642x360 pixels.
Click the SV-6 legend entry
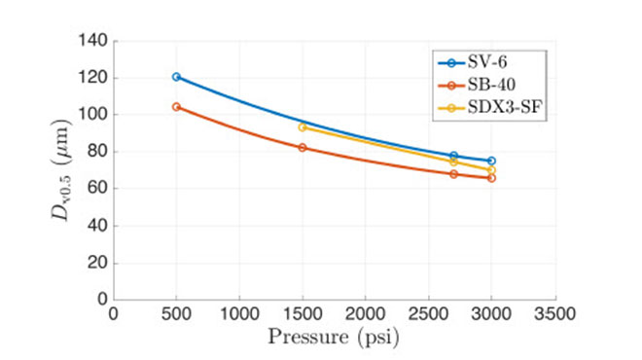click(482, 62)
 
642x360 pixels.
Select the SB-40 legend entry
click(482, 86)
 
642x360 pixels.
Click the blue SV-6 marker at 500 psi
click(176, 77)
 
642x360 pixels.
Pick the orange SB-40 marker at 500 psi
click(176, 106)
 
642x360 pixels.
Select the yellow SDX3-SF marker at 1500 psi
click(303, 126)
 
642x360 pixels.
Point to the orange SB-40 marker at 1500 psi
click(303, 148)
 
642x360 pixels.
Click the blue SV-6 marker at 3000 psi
click(491, 161)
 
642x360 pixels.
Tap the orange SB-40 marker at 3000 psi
click(491, 178)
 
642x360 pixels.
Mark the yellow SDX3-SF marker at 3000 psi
click(491, 170)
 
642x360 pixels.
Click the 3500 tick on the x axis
click(553, 315)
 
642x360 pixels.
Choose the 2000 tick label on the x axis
click(365, 315)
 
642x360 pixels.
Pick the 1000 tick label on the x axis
click(239, 315)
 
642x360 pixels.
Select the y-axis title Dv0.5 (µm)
click(59, 170)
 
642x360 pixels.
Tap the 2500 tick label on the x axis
click(428, 315)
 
